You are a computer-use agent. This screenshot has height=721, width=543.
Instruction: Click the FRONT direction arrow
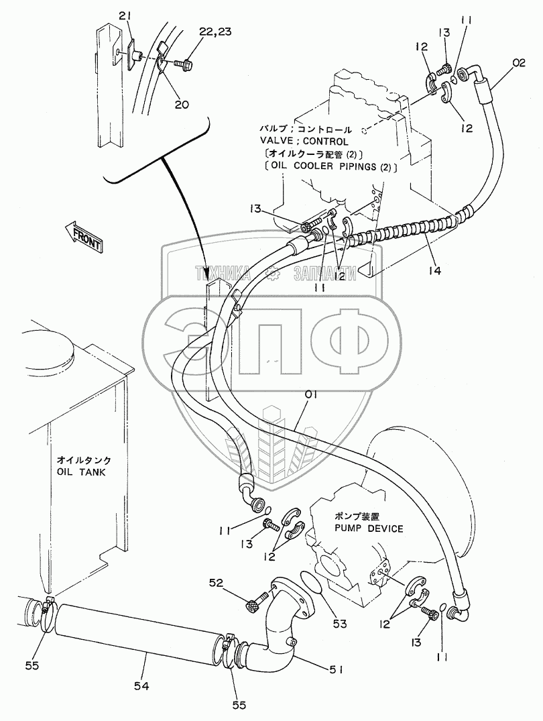[x=84, y=237]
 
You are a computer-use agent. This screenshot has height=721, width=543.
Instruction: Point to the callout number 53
[x=339, y=624]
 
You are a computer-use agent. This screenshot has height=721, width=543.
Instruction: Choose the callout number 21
[x=126, y=15]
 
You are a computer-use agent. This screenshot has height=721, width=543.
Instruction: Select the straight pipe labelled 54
[x=137, y=630]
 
